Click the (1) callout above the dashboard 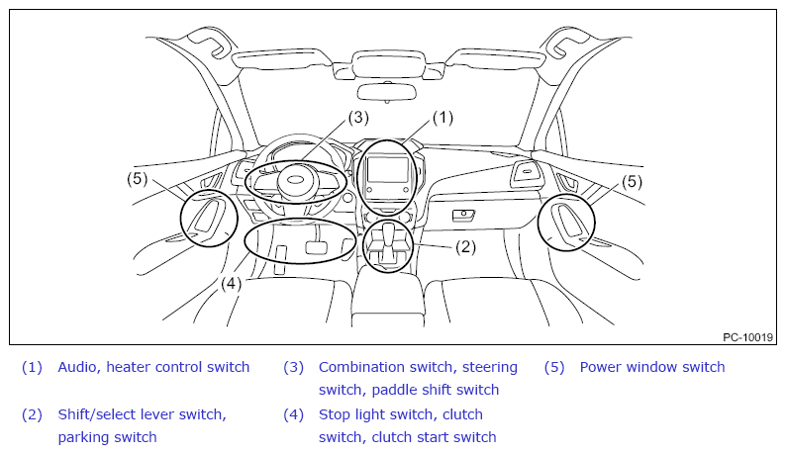coord(442,118)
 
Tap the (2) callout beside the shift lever coord(465,246)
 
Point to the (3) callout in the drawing coord(358,118)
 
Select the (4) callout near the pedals coord(231,284)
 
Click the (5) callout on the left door coord(137,178)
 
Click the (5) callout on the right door coord(632,181)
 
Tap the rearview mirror coord(386,92)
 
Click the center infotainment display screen coord(386,170)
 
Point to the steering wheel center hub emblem coord(298,179)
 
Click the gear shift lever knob coord(389,230)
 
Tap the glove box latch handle coord(463,215)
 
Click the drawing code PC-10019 coord(748,337)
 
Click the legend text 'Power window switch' coord(652,367)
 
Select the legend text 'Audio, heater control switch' coord(153,367)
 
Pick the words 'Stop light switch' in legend coord(376,414)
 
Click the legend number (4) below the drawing coord(293,414)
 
